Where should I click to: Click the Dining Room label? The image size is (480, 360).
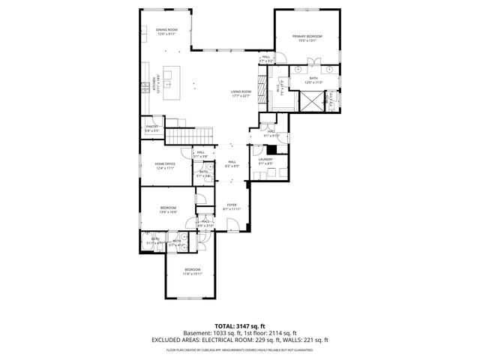point(166,29)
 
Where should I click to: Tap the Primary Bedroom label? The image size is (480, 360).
point(307,37)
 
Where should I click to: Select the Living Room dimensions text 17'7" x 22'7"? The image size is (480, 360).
point(240,95)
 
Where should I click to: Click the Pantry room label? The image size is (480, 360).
point(152,127)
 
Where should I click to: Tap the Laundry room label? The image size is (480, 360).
point(265,159)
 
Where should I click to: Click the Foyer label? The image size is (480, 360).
point(232,204)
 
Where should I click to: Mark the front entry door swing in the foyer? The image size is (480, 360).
point(235,224)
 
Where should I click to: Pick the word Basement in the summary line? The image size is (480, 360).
point(196,333)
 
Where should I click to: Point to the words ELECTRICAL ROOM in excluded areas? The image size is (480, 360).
point(227,340)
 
